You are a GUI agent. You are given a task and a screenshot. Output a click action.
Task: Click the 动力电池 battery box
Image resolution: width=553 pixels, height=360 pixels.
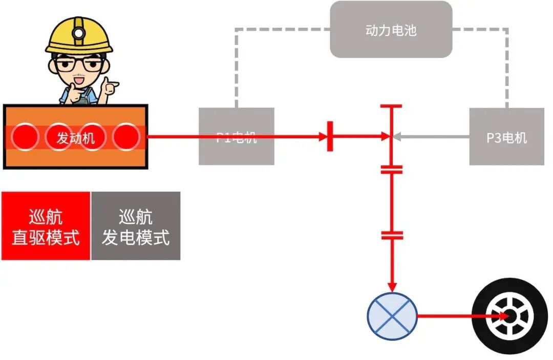(x=391, y=30)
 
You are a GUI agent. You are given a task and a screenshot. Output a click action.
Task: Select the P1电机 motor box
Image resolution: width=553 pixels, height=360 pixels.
(x=236, y=137)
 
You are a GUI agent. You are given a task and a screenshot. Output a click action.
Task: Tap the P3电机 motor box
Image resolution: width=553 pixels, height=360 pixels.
(x=506, y=137)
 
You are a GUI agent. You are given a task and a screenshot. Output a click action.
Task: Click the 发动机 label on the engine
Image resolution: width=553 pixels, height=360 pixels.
(x=76, y=138)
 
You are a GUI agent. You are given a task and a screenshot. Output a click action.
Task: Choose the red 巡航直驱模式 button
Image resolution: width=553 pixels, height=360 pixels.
(x=46, y=226)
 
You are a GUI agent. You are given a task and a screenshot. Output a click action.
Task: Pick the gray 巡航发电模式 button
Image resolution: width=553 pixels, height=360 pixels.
(x=136, y=226)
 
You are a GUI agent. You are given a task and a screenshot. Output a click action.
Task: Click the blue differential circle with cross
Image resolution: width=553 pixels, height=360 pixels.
(x=392, y=315)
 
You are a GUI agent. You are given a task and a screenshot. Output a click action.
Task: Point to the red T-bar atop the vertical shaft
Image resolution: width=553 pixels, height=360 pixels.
(x=391, y=107)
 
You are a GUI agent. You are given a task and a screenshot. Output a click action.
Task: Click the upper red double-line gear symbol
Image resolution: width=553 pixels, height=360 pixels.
(x=392, y=170)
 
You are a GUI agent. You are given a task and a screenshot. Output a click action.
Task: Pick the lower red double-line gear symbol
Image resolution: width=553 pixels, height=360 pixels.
(x=392, y=236)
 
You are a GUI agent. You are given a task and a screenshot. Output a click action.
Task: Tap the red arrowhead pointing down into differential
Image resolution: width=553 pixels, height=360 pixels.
(x=392, y=287)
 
